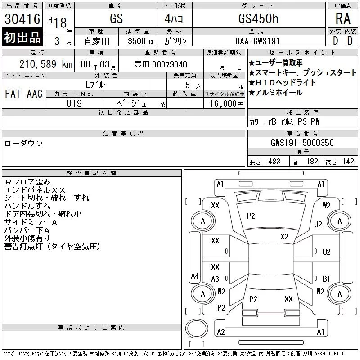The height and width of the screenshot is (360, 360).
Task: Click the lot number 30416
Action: (22, 19)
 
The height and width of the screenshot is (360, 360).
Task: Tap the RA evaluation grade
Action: (343, 18)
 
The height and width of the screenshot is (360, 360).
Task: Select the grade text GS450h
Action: (258, 18)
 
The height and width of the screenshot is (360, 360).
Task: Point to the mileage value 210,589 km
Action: (46, 64)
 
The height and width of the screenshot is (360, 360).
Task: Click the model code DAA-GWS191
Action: (257, 41)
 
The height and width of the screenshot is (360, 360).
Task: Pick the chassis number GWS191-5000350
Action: (302, 143)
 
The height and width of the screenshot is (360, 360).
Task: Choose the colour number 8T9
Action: (74, 103)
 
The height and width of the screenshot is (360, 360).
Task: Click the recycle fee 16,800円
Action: (227, 104)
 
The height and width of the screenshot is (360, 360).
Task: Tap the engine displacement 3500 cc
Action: (141, 41)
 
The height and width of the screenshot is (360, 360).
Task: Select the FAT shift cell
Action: (13, 94)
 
